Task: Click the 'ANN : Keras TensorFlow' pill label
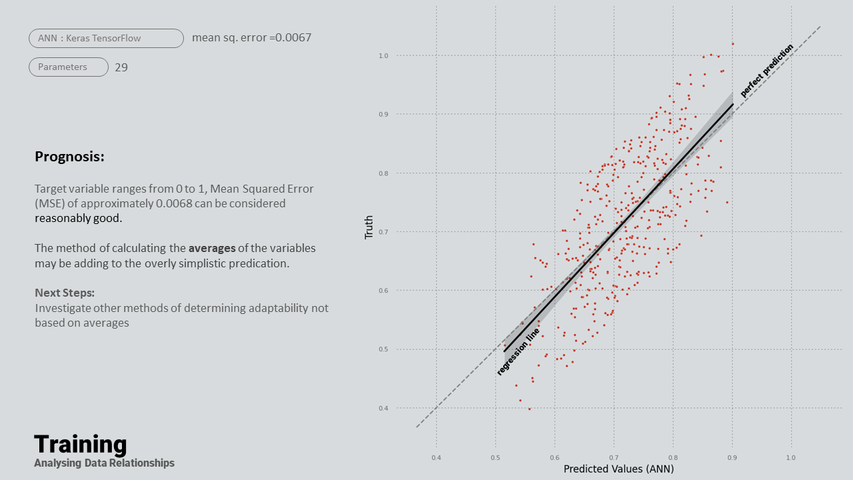[106, 39]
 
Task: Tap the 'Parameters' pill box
[69, 67]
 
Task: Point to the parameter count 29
[121, 67]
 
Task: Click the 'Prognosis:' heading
[69, 157]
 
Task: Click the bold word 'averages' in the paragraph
[212, 248]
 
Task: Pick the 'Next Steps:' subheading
[65, 293]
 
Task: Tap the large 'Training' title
[81, 444]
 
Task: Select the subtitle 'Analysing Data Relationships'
[105, 463]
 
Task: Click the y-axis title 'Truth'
[369, 227]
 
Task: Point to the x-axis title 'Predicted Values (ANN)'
[618, 469]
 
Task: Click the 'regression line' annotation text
[518, 351]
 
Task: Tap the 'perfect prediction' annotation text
[767, 70]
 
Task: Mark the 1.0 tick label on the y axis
[384, 55]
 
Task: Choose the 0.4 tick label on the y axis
[384, 408]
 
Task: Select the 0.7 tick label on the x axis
[614, 458]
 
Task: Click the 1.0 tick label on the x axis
[791, 458]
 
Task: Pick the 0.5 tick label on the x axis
[495, 458]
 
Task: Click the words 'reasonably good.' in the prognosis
[79, 218]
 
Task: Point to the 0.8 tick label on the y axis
[384, 173]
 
